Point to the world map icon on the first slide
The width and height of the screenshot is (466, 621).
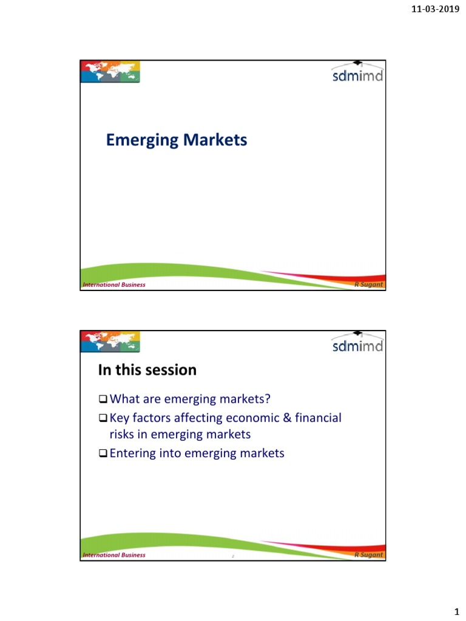point(110,72)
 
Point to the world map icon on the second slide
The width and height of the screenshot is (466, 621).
point(110,342)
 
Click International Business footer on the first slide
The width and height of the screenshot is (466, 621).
point(114,285)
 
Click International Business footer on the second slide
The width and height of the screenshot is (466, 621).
point(114,555)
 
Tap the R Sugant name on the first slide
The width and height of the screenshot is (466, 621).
point(369,284)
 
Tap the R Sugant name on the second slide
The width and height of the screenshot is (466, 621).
point(369,555)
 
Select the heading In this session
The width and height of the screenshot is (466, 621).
point(147,369)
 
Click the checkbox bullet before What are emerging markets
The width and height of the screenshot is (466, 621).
point(103,400)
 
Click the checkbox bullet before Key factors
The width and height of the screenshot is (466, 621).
point(103,418)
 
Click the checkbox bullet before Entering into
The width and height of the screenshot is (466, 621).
point(103,453)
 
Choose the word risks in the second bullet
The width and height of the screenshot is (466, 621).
point(123,434)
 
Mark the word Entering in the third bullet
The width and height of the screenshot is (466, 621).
point(133,452)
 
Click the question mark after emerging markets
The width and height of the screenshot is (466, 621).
point(266,400)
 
